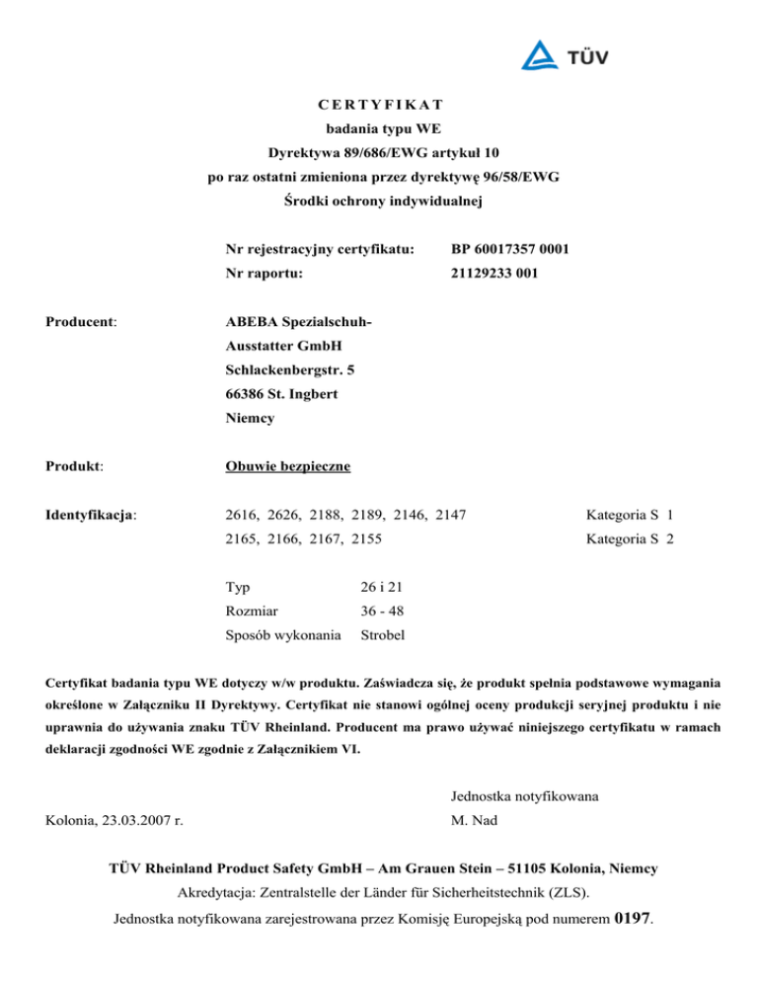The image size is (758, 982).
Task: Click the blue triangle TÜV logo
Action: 540,56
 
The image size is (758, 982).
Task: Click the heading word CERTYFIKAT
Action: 380,104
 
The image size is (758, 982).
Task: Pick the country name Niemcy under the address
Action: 250,418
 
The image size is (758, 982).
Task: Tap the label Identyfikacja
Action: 91,514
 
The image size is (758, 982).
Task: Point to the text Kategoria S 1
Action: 629,514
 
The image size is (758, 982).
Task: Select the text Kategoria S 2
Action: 629,538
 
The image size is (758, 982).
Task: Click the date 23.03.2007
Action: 146,820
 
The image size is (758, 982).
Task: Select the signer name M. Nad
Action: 473,820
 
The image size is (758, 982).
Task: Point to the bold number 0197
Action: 632,919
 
